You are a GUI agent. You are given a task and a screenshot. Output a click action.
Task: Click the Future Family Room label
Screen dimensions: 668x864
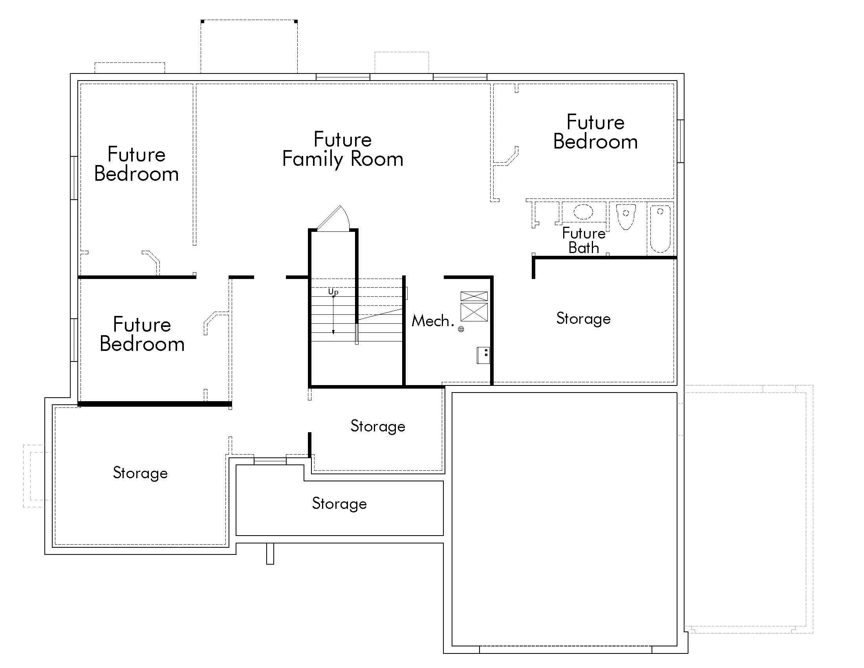pos(342,150)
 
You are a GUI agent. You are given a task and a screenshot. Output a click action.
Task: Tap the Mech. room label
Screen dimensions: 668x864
pos(432,321)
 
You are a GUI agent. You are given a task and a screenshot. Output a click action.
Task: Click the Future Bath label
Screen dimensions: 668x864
pos(584,240)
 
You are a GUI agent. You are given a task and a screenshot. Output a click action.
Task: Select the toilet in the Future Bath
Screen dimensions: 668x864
pos(626,217)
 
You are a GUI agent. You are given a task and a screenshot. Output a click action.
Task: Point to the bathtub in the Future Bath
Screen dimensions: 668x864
pos(660,229)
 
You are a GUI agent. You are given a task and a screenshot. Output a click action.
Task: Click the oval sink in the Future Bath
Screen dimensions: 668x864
pos(583,212)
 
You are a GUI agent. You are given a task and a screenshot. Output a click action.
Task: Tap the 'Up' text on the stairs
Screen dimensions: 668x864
pos(333,292)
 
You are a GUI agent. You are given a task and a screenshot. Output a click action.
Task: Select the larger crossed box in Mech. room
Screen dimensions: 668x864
pos(474,312)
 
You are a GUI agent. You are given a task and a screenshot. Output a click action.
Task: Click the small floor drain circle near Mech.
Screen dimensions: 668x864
pos(461,329)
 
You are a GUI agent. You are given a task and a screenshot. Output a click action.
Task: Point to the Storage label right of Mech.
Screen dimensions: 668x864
pos(583,319)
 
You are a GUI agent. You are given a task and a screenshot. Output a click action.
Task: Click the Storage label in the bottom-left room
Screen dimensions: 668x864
pos(140,473)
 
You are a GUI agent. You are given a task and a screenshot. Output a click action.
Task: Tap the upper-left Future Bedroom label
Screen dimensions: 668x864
pos(137,164)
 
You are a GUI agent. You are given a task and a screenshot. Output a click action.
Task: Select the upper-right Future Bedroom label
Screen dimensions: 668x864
pos(595,132)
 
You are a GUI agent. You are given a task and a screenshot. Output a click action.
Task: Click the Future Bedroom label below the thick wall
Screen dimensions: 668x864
pos(142,334)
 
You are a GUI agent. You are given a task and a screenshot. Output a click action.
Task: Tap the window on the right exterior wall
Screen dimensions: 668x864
pos(681,141)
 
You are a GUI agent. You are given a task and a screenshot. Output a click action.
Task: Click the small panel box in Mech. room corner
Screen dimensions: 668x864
pos(483,355)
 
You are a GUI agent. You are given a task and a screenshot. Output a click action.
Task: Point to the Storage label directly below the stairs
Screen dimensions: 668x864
pos(378,426)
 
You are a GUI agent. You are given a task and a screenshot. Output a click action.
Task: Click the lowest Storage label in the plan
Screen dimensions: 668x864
pos(339,504)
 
